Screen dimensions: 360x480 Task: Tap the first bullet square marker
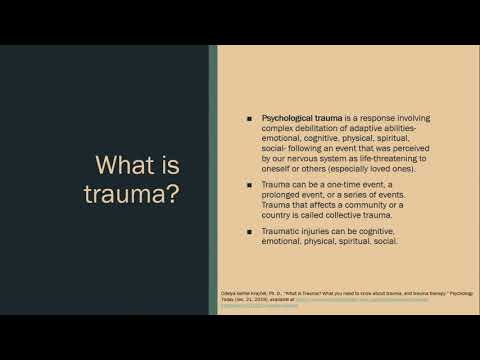(249, 120)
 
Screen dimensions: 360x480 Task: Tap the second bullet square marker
(249, 186)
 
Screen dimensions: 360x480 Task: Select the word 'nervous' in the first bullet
(304, 158)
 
